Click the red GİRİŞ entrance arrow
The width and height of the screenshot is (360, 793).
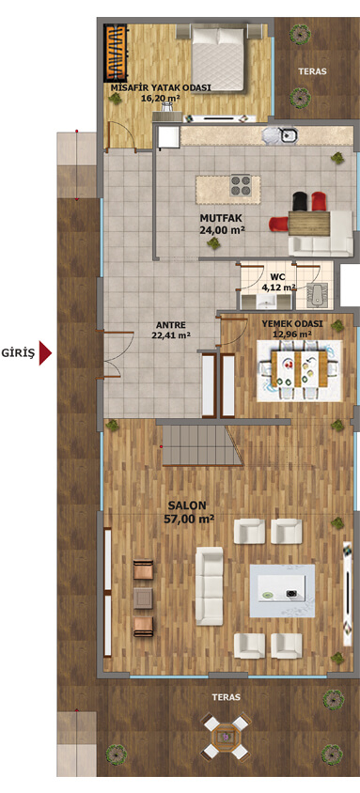click(45, 353)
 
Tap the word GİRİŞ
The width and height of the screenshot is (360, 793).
click(18, 353)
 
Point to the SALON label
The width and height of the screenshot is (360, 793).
click(188, 505)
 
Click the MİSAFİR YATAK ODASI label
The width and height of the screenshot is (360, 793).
click(161, 87)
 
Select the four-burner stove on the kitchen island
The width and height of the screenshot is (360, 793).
click(242, 186)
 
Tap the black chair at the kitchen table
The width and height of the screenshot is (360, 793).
click(301, 201)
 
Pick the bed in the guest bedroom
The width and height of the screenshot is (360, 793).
click(219, 59)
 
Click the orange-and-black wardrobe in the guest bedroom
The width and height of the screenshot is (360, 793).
click(117, 54)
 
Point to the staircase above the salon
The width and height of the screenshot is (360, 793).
click(202, 445)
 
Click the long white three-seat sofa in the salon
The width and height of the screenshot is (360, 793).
click(210, 586)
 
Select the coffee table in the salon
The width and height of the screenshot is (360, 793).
click(282, 590)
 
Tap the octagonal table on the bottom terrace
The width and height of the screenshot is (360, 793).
click(227, 737)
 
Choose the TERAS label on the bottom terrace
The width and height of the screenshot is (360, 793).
click(227, 697)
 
